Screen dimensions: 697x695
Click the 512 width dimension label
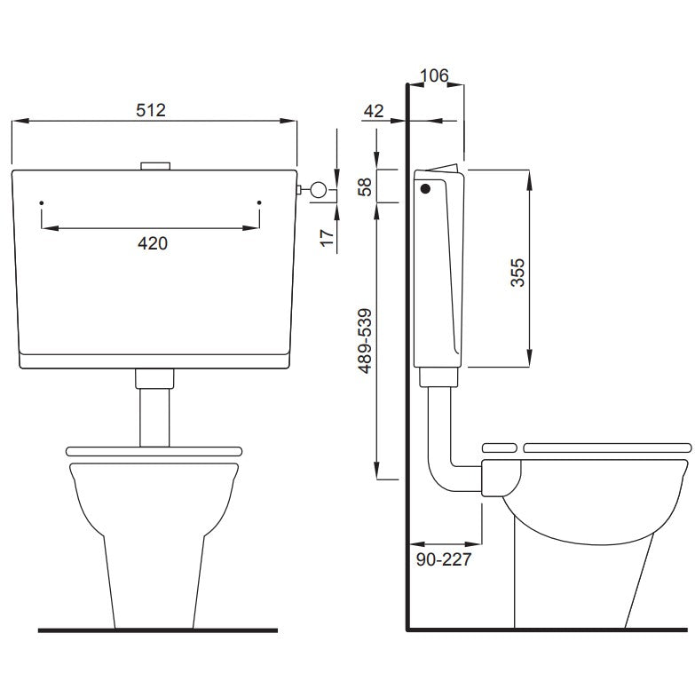pos(151,110)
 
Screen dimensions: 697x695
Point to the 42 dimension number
pos(375,111)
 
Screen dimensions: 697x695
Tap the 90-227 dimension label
pos(444,559)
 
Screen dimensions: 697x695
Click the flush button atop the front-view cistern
pos(155,165)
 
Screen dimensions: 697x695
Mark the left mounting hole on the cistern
pos(42,204)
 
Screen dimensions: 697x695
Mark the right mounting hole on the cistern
pos(259,204)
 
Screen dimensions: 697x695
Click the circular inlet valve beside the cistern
pos(319,189)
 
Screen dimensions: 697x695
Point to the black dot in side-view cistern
pos(425,188)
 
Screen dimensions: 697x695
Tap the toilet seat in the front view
pos(154,450)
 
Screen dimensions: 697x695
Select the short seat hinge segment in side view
pos(498,447)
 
